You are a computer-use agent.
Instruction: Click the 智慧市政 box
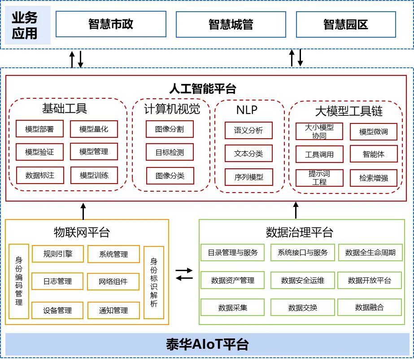click(111, 24)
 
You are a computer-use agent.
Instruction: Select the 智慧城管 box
click(231, 24)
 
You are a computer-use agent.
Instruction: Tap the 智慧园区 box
click(346, 24)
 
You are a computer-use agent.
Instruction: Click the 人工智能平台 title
click(202, 88)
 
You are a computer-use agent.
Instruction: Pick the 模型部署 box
click(39, 129)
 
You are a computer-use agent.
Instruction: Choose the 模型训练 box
click(94, 175)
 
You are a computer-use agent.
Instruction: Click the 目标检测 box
click(170, 152)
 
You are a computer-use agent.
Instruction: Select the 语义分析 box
click(248, 130)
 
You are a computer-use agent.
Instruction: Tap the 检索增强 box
click(374, 178)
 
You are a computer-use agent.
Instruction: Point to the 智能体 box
click(374, 154)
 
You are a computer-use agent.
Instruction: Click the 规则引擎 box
click(57, 254)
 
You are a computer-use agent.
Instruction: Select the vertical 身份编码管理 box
click(19, 281)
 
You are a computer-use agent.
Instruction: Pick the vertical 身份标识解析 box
click(154, 282)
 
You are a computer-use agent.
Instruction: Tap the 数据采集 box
click(232, 307)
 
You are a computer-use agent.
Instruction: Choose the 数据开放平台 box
click(370, 281)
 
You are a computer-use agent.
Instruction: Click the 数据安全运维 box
click(302, 281)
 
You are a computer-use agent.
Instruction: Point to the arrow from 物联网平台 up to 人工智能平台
click(83, 211)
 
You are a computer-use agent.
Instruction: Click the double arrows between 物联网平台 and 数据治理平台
click(184, 274)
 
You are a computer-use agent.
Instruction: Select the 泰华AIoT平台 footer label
click(207, 344)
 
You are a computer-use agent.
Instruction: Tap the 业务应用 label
click(25, 25)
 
